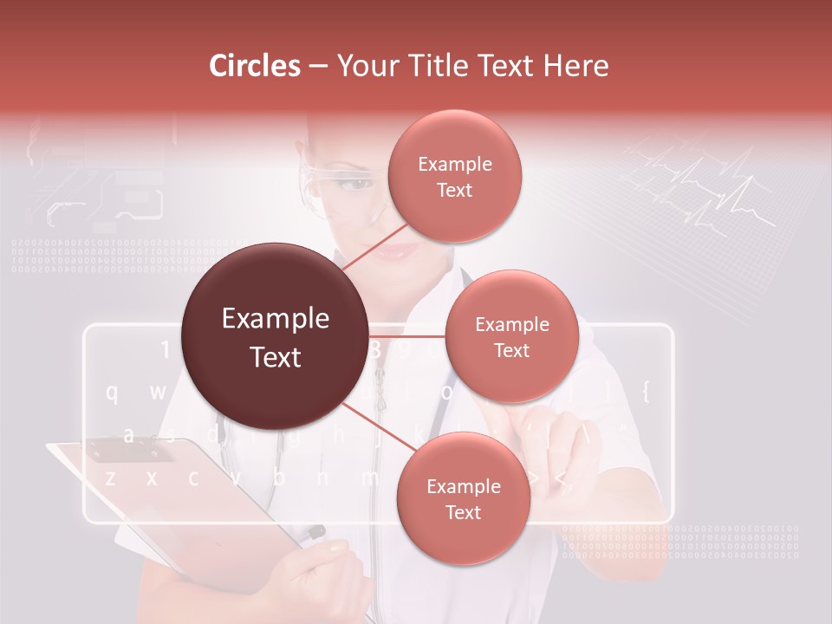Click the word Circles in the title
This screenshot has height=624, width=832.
click(255, 66)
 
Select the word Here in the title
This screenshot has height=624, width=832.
click(576, 66)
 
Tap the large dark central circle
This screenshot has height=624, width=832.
click(275, 337)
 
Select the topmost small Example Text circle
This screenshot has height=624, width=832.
click(453, 176)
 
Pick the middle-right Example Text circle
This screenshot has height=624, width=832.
click(511, 337)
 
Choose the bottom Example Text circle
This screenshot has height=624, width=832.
click(463, 499)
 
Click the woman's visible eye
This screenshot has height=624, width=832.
click(349, 184)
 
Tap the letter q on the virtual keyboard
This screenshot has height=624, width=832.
click(112, 393)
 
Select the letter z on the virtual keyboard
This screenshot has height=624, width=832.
click(110, 478)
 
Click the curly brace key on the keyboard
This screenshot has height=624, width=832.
click(645, 391)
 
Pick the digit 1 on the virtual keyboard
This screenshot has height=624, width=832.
click(165, 350)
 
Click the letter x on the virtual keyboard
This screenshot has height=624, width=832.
click(152, 478)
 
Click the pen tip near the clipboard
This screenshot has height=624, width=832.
click(318, 530)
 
